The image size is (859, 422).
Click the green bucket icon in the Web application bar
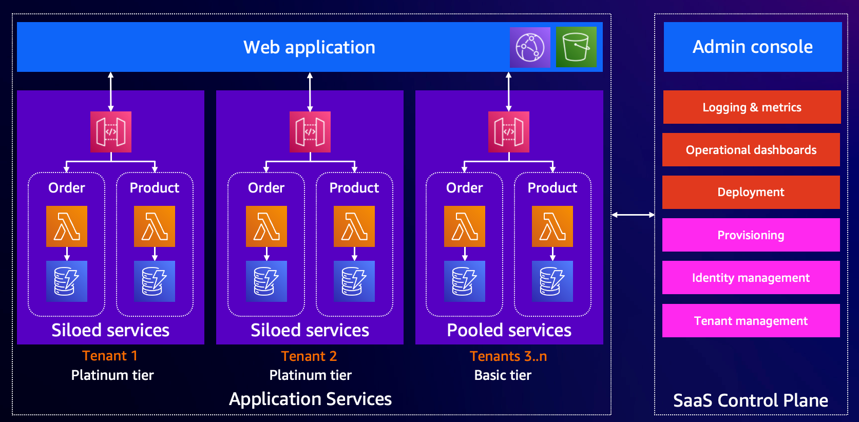pos(576,47)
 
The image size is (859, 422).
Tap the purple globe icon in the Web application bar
pos(530,47)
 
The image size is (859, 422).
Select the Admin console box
pos(752,47)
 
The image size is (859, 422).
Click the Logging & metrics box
pos(752,107)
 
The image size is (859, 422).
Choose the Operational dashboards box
pos(751,149)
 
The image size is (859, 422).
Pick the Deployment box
pos(751,192)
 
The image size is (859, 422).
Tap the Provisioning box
pos(751,235)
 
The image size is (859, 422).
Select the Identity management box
pos(751,278)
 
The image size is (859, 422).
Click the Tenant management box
pos(751,320)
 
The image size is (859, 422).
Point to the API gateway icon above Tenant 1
pos(111,132)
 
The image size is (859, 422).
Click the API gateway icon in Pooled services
pos(508,132)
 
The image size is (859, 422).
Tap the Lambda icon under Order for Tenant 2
pos(266,226)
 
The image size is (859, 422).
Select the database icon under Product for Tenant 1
pos(155,281)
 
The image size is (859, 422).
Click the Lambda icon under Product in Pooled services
pos(552,226)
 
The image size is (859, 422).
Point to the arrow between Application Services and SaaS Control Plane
pos(633,215)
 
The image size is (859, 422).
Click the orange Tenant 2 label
pos(309,356)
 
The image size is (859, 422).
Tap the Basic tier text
pos(503,375)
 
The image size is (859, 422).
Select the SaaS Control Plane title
pos(751,400)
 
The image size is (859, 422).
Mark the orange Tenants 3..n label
pos(508,356)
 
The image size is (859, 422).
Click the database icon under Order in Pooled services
pos(464,281)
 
